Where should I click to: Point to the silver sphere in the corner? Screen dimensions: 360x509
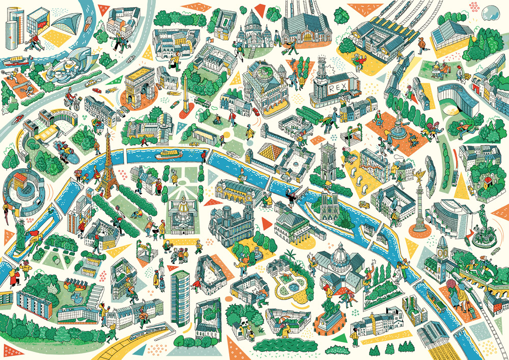tap(491, 11)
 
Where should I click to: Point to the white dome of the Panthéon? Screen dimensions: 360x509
tap(340, 253)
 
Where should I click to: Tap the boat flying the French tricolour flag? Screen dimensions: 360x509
tap(169, 154)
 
